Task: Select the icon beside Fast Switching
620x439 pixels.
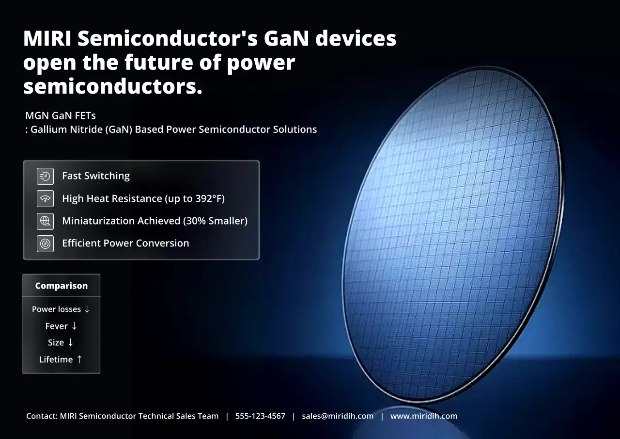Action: [45, 176]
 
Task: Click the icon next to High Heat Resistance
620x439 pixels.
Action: [45, 198]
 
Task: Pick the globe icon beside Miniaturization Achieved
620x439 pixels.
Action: [45, 221]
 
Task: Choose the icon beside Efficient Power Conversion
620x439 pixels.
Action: [45, 244]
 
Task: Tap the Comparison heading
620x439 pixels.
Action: [61, 286]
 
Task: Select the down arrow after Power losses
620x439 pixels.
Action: [87, 309]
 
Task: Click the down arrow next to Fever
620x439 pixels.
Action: [74, 326]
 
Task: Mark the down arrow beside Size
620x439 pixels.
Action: [71, 342]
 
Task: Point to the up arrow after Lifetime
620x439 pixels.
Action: [79, 359]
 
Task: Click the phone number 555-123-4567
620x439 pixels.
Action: [260, 416]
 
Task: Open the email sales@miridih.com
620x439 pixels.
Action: [338, 416]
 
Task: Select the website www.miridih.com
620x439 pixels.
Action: [424, 416]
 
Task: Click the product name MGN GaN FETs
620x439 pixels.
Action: [61, 116]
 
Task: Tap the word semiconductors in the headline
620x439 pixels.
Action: [112, 87]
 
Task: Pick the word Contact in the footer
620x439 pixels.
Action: [42, 416]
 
